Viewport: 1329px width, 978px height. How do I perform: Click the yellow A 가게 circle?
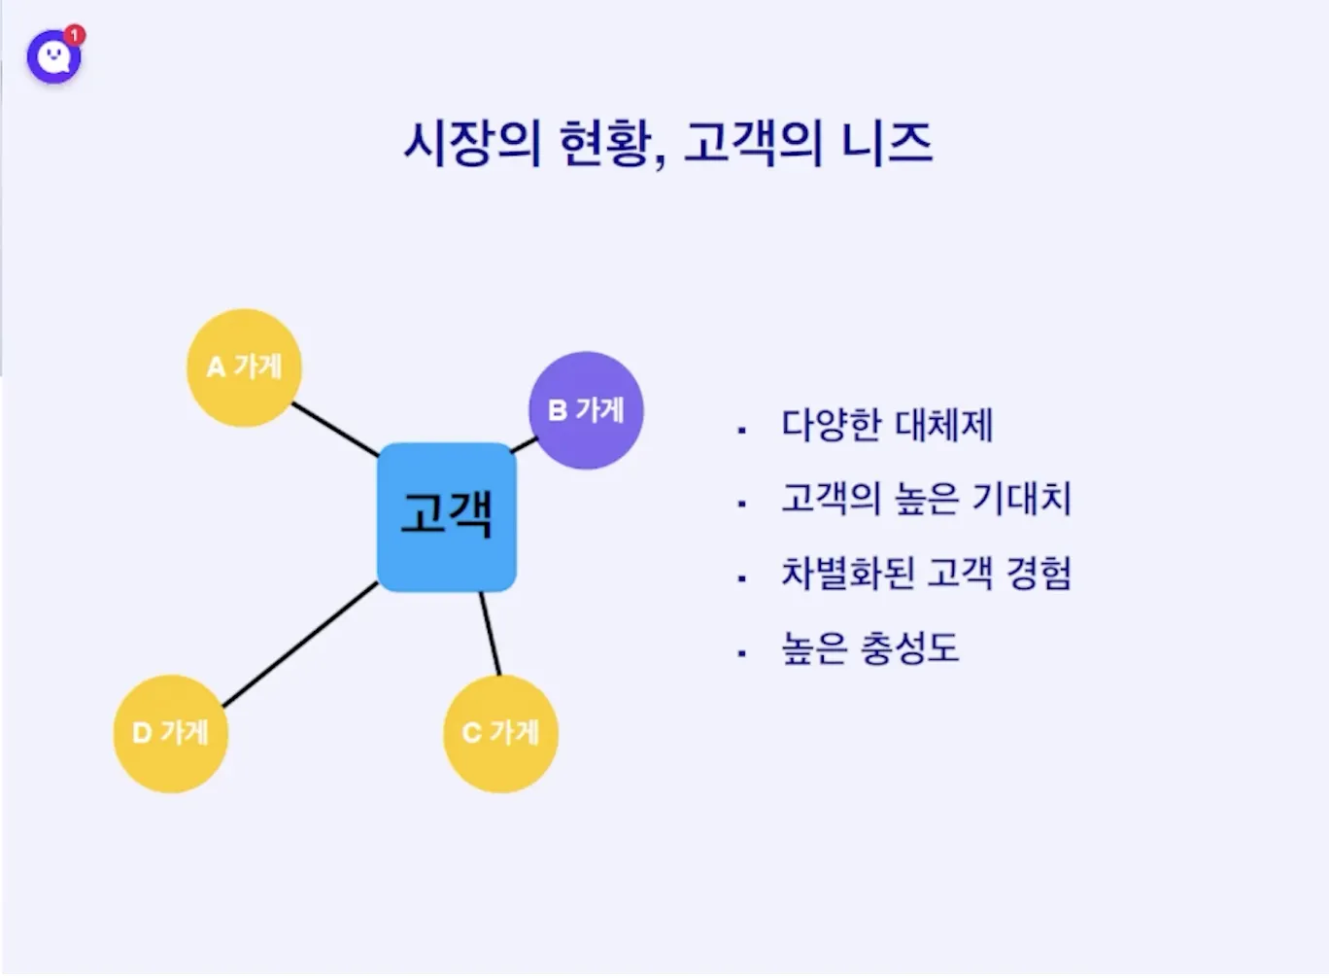click(x=244, y=367)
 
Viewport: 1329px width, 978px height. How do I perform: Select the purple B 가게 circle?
click(x=586, y=410)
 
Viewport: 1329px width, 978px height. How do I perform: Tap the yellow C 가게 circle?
click(x=500, y=733)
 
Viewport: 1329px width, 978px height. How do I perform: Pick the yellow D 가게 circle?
click(x=171, y=733)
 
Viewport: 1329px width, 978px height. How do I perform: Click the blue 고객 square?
click(x=447, y=516)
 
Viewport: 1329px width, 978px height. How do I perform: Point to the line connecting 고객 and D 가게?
click(x=299, y=645)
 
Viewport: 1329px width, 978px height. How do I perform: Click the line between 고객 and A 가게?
click(x=335, y=430)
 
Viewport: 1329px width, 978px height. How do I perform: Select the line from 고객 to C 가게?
click(x=491, y=634)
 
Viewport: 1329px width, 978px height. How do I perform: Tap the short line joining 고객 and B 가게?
click(x=524, y=445)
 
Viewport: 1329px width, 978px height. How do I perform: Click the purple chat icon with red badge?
click(x=53, y=57)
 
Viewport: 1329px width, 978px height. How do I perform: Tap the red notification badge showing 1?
click(x=76, y=36)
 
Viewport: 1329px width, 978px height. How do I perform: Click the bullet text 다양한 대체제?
click(x=887, y=426)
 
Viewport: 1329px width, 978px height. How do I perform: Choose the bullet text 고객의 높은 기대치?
click(x=926, y=499)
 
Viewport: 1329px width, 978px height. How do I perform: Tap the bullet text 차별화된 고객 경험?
click(x=926, y=574)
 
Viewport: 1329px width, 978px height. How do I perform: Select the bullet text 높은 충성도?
click(x=869, y=648)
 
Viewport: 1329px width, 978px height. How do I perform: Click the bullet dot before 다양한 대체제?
click(x=742, y=429)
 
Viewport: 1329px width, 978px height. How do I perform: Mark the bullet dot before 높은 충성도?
click(x=742, y=653)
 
